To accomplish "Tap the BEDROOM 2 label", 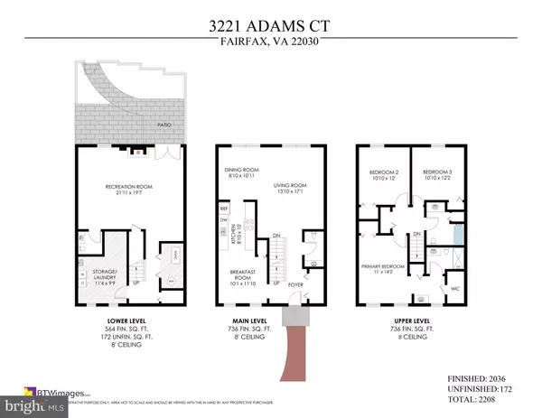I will (384, 174).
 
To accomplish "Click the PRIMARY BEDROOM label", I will (388, 267).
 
